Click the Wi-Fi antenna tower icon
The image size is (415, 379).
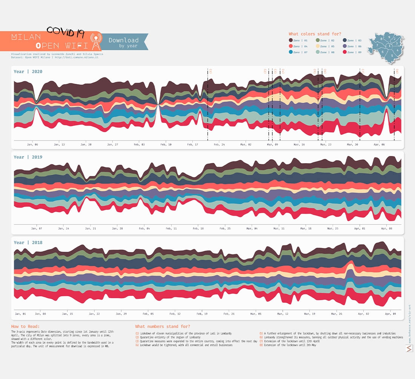tap(96, 42)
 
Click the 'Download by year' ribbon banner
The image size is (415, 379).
tap(124, 42)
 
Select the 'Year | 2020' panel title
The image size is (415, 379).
tap(28, 71)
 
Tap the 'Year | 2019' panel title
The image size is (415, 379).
tap(28, 157)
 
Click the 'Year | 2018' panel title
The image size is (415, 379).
tap(28, 243)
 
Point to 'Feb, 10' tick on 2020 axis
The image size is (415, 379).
tap(166, 145)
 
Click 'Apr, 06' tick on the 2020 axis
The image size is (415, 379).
tap(379, 145)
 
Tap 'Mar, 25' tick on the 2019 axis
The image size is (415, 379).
tap(333, 229)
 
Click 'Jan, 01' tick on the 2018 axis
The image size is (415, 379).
tap(20, 314)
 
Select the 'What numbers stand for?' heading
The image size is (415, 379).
tap(163, 326)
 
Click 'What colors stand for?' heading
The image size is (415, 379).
tap(315, 34)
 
